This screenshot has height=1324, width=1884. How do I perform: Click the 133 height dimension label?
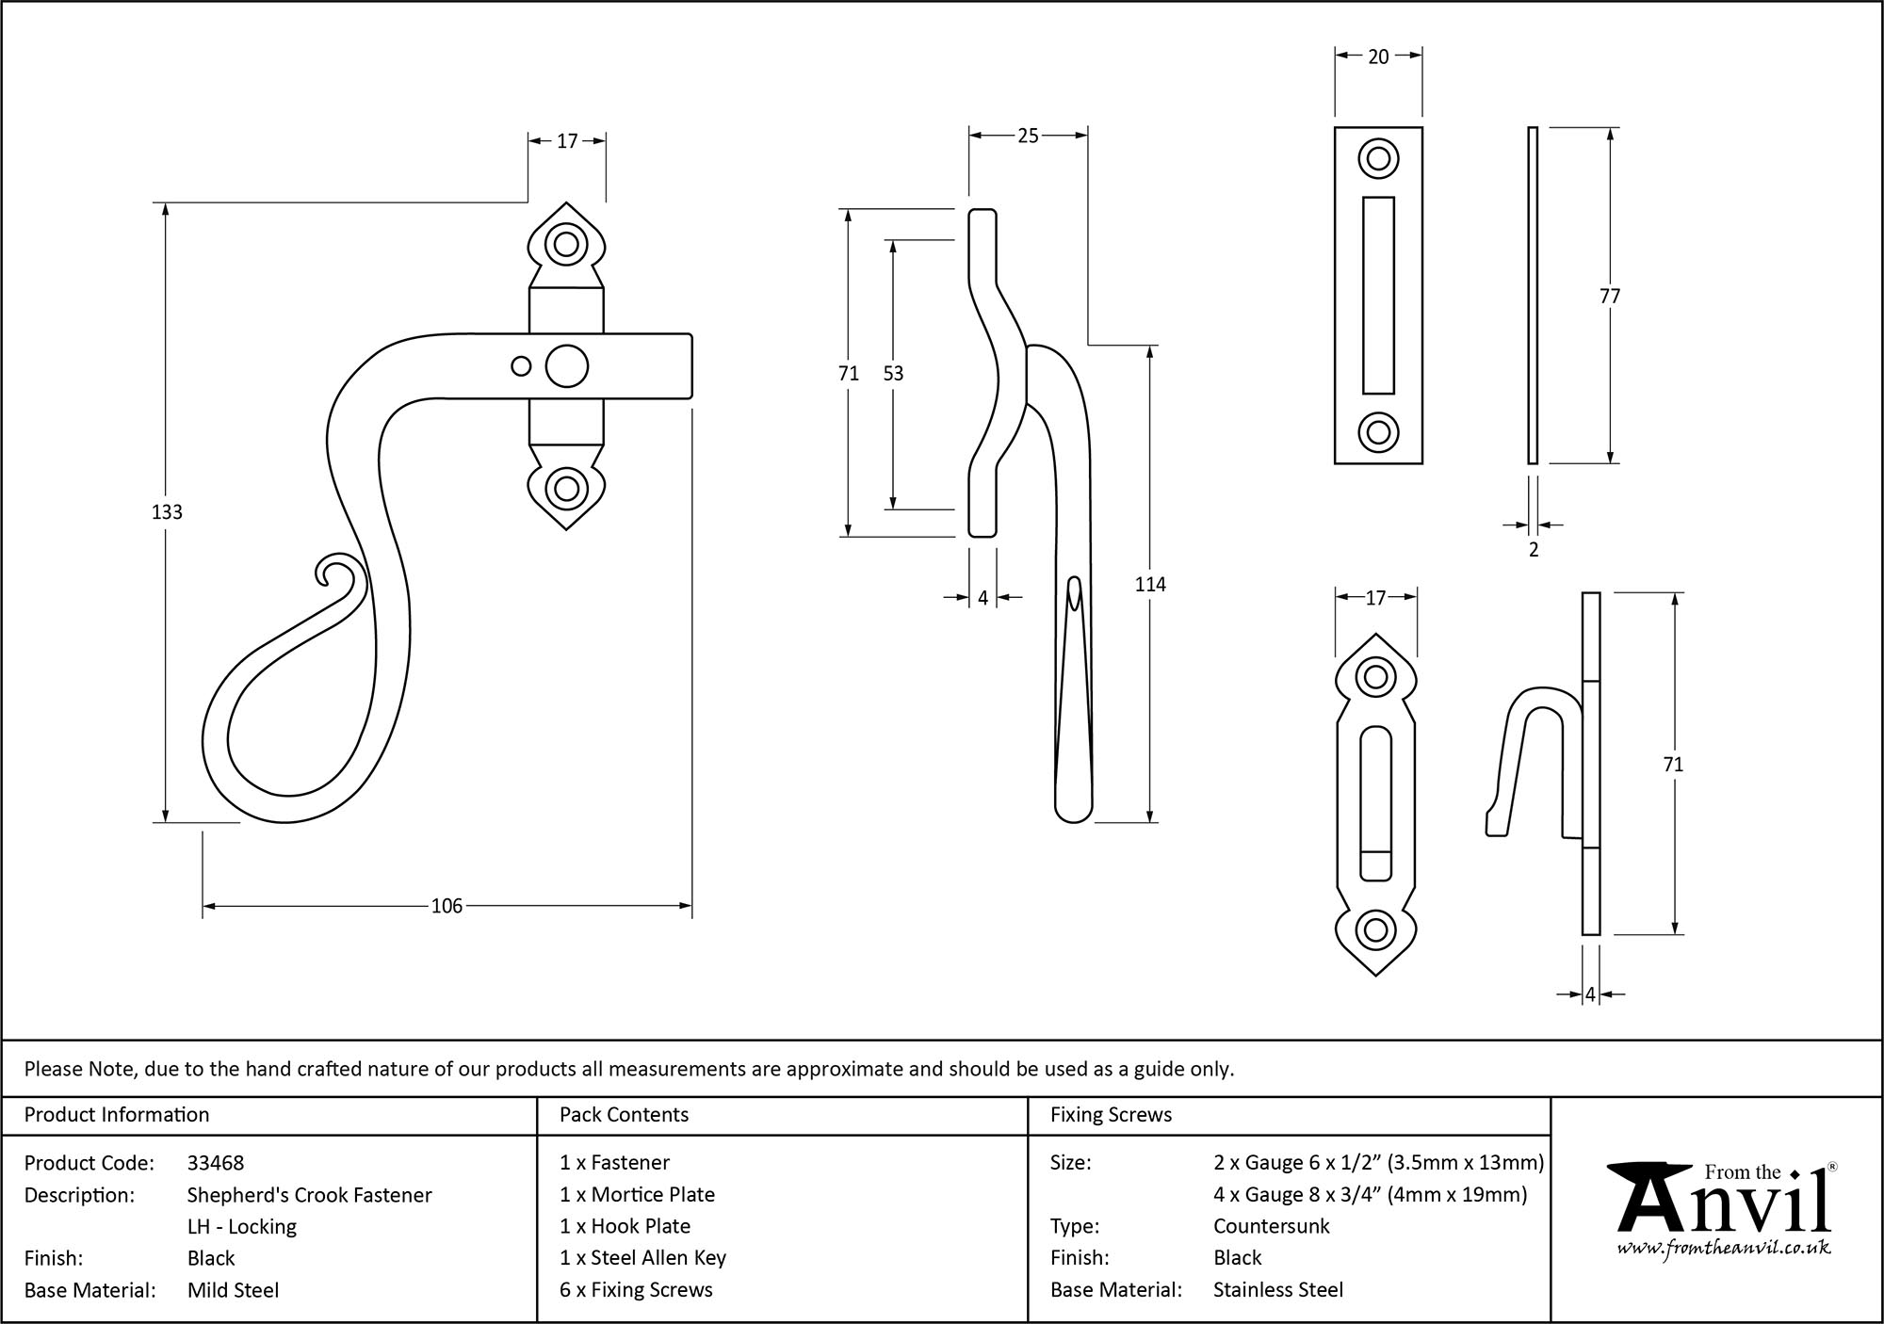167,512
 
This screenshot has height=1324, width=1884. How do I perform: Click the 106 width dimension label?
447,906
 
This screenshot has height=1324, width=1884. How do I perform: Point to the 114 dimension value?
1150,585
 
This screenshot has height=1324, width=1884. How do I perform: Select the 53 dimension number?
893,374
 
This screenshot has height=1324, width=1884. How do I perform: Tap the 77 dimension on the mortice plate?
1610,297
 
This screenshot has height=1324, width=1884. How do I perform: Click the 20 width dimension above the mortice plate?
1378,57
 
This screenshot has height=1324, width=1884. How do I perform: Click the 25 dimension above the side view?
1028,137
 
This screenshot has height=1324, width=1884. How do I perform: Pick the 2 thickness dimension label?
1534,550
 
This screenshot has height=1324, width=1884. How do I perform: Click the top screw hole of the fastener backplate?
566,245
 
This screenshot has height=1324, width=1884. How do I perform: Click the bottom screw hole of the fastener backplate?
566,489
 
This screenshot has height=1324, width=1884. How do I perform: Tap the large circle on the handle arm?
566,366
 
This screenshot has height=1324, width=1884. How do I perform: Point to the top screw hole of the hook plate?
1375,677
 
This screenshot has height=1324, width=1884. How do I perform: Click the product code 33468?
216,1163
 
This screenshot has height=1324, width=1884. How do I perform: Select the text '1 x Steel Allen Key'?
642,1258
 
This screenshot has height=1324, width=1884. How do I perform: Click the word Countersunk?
1271,1226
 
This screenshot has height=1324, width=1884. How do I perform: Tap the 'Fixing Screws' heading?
1111,1115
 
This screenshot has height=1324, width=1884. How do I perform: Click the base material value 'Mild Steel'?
233,1290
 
